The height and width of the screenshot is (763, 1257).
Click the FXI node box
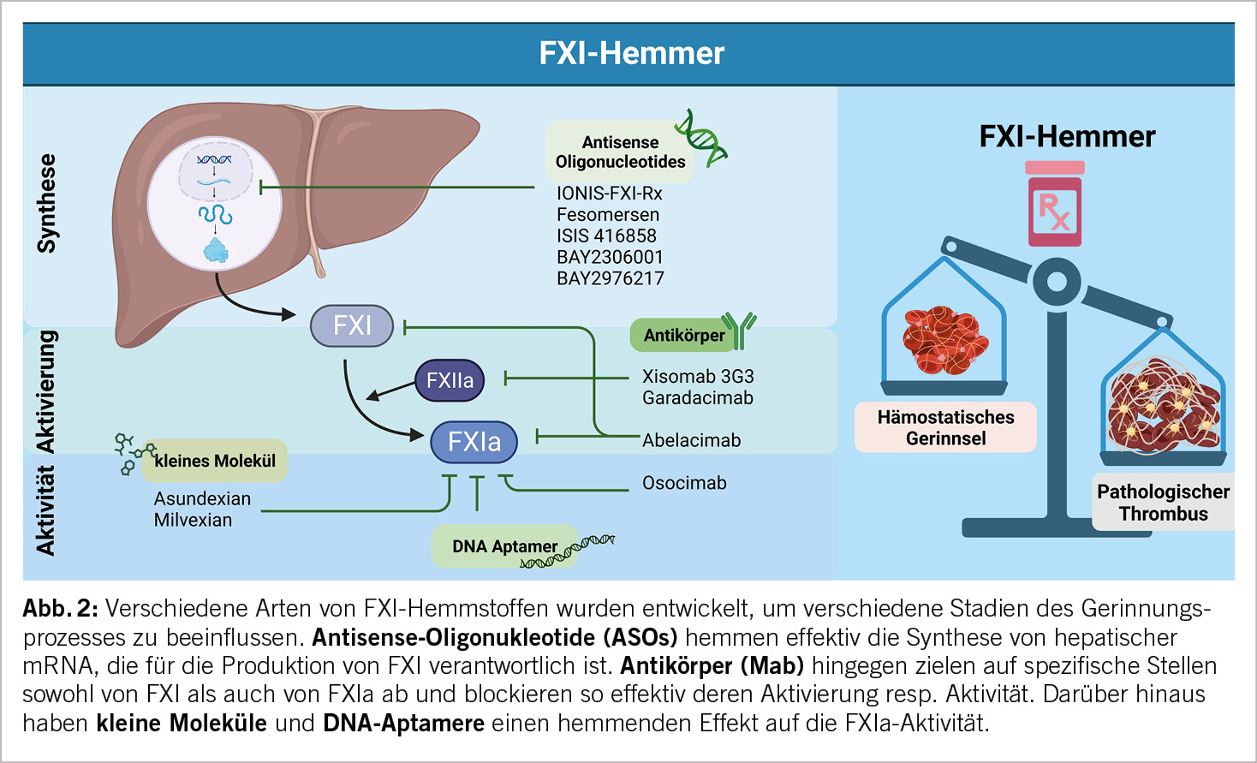352,325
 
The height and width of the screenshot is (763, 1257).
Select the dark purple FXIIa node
450,380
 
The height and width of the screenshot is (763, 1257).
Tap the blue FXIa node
474,441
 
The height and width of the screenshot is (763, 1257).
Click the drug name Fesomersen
608,215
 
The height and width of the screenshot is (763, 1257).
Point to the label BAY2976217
610,278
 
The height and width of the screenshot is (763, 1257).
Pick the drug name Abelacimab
692,440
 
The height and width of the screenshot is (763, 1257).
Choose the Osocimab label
684,483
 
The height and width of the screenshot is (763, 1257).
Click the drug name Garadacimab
698,397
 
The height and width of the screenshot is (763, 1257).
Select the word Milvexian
193,520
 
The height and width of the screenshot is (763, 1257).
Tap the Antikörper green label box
683,335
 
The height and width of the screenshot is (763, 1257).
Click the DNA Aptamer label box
504,546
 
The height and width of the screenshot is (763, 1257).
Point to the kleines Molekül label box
215,461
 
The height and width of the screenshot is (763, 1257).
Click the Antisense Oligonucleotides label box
620,152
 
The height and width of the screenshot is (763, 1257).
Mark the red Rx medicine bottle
1055,205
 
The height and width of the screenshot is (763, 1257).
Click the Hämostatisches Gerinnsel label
945,427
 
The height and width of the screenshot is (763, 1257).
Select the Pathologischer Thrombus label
1163,503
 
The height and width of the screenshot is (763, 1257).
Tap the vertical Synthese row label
46,204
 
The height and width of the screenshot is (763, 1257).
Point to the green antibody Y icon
739,330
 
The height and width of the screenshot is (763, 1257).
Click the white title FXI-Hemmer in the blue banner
631,53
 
